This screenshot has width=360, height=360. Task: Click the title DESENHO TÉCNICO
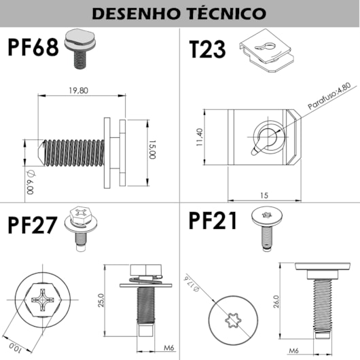coord(179,14)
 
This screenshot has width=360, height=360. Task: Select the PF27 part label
coord(34,225)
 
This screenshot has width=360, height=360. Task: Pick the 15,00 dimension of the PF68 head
coord(154,149)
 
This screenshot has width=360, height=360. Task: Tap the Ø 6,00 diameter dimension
coord(29,182)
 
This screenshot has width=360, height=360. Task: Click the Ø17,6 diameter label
coord(192,283)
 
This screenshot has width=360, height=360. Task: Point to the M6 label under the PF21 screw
coord(294,350)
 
